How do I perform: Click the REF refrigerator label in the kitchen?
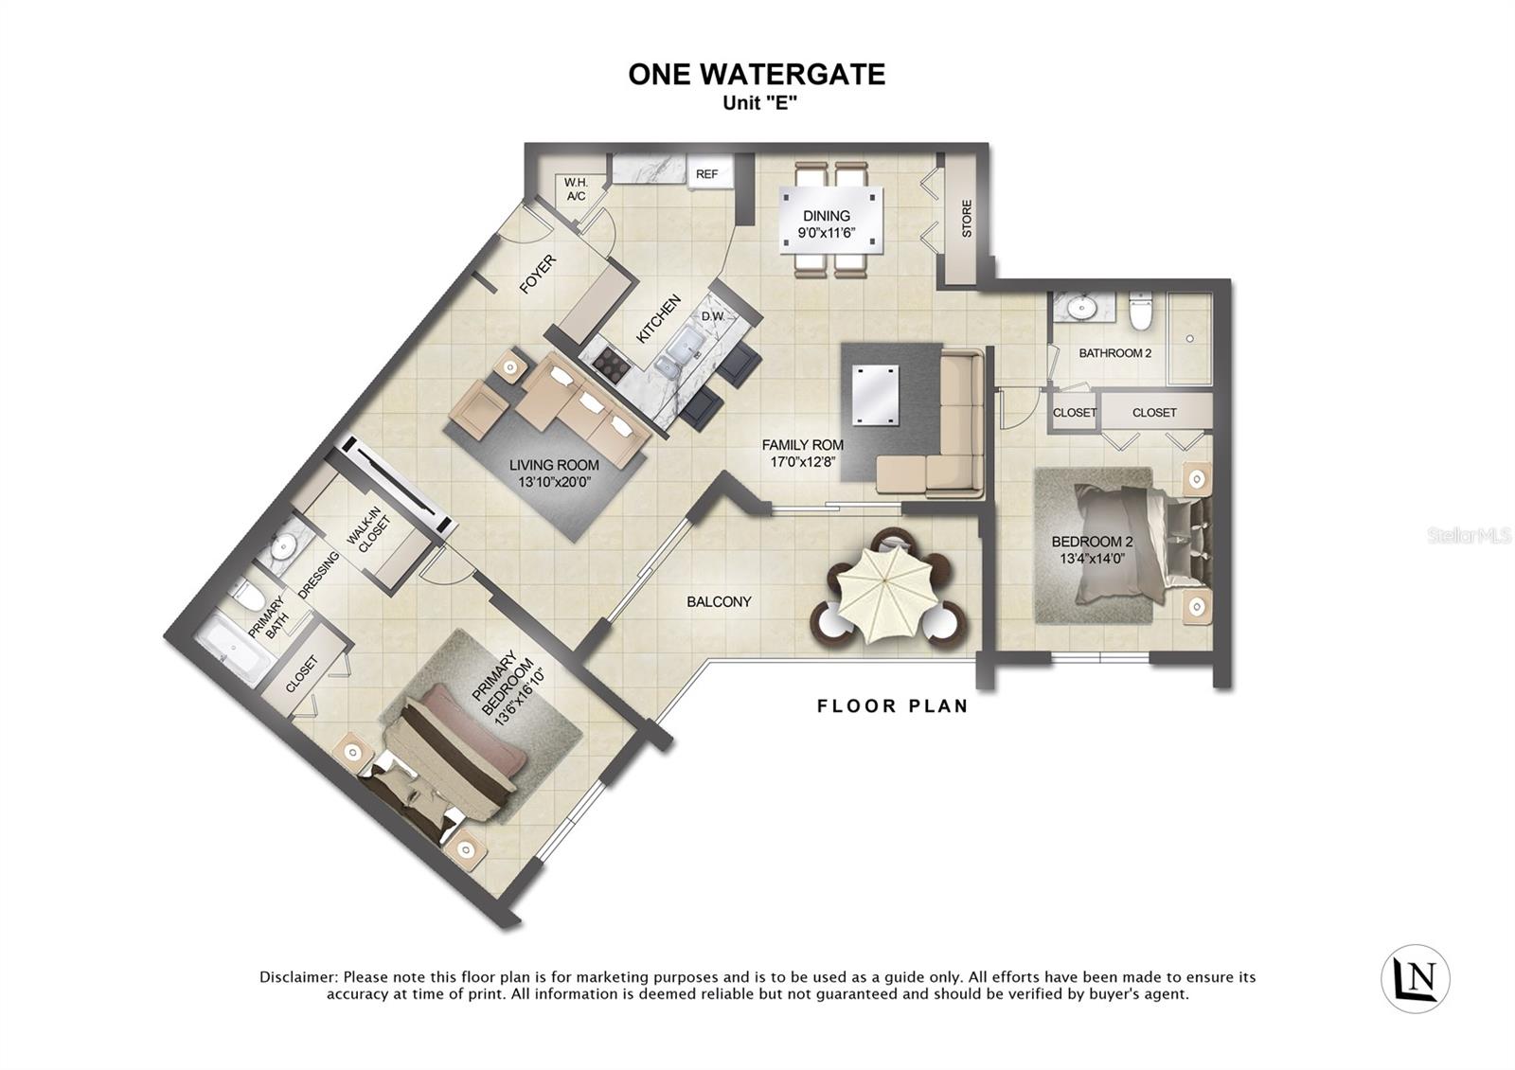pyautogui.click(x=706, y=174)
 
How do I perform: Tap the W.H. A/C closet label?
pyautogui.click(x=576, y=189)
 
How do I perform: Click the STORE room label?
pyautogui.click(x=967, y=219)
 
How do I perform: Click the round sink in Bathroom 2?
pyautogui.click(x=1078, y=307)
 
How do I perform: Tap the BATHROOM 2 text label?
pyautogui.click(x=1114, y=353)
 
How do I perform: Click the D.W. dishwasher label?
pyautogui.click(x=712, y=316)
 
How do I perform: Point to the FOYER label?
pyautogui.click(x=538, y=275)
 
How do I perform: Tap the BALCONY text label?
pyautogui.click(x=719, y=602)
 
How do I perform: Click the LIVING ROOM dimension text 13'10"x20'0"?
pyautogui.click(x=554, y=482)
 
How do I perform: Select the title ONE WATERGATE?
pyautogui.click(x=757, y=75)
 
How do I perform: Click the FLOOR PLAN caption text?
pyautogui.click(x=892, y=706)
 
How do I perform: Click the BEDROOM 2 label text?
pyautogui.click(x=1092, y=543)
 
